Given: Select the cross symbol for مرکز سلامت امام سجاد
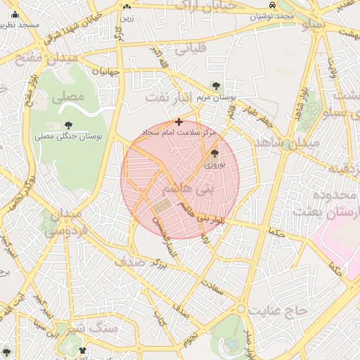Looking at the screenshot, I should point(179,122).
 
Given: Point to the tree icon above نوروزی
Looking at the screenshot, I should point(214,153).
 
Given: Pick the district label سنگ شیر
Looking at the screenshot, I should point(96,327).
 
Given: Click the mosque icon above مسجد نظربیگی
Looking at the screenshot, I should point(15,14).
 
